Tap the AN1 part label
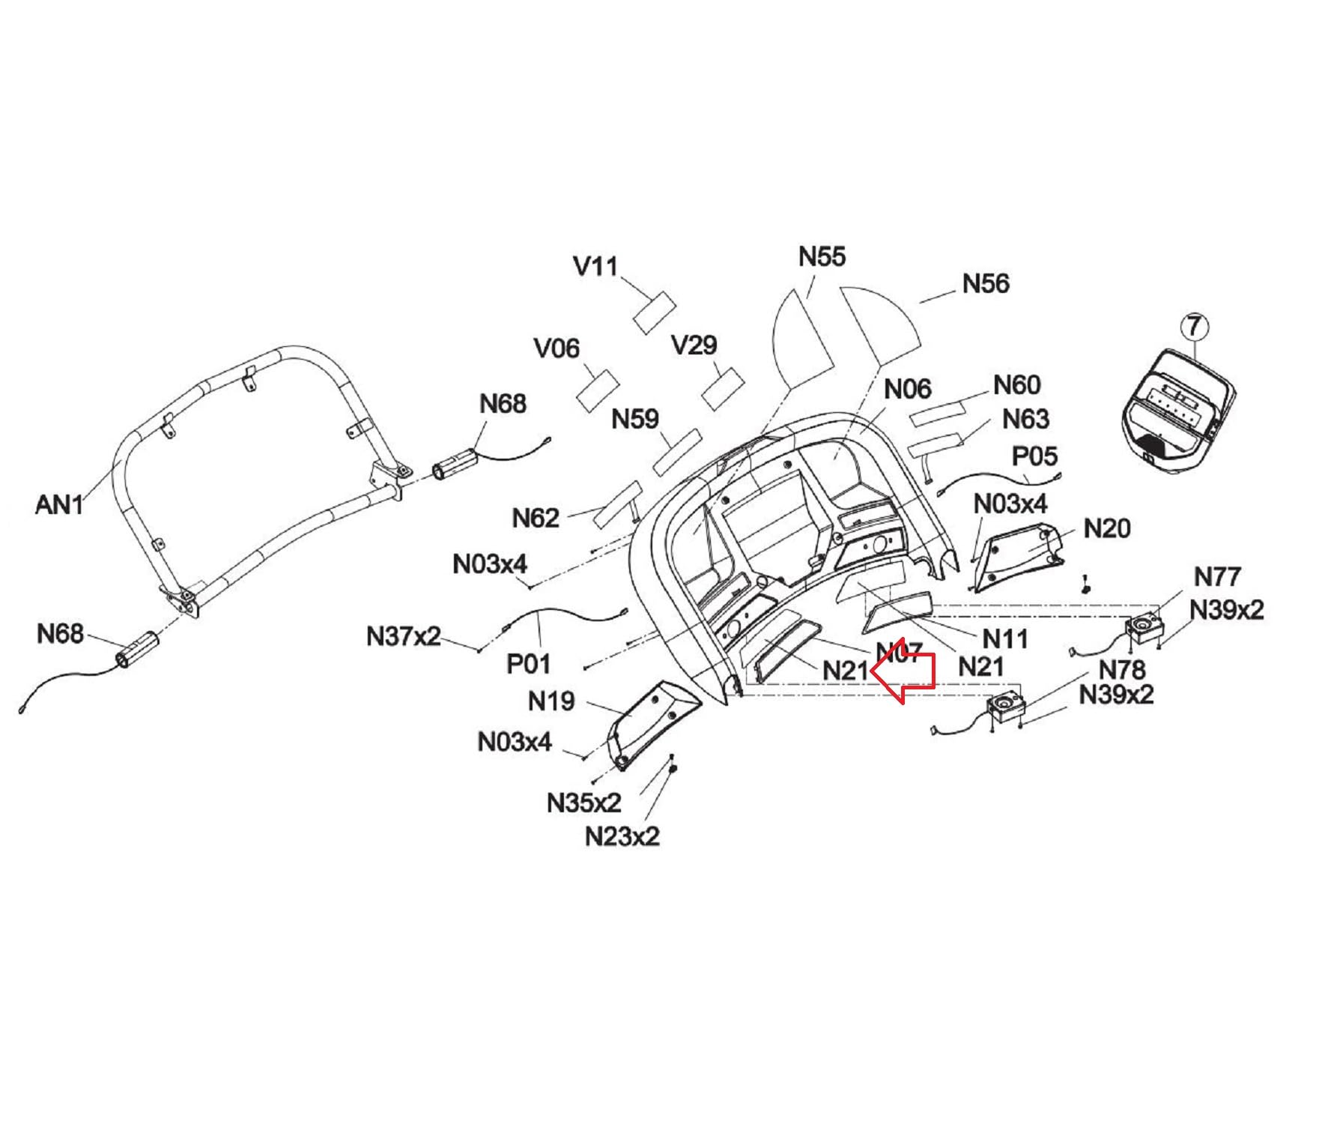[x=59, y=504]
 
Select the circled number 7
[x=1195, y=327]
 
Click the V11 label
[x=595, y=266]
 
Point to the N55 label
[x=822, y=257]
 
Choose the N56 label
[x=985, y=283]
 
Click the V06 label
[x=557, y=348]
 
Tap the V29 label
[x=694, y=345]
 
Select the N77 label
[x=1217, y=576]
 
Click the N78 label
[x=1121, y=668]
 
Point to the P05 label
[x=1034, y=456]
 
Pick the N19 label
[x=551, y=701]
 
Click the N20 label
[x=1106, y=528]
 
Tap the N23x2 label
[x=622, y=836]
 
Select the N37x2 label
[x=403, y=636]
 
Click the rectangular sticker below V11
[x=654, y=313]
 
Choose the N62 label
[x=536, y=518]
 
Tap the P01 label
[x=529, y=663]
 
